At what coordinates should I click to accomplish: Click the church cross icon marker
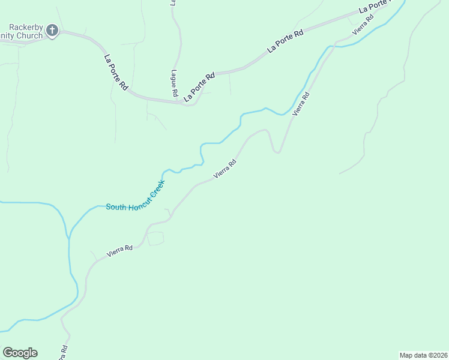(52, 29)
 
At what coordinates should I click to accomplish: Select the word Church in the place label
(30, 36)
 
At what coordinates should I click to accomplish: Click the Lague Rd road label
(173, 83)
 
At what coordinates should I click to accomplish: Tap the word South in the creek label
(117, 207)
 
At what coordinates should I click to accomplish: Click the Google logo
(20, 353)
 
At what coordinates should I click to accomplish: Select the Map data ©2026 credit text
(424, 355)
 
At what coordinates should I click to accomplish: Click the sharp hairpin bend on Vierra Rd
(277, 151)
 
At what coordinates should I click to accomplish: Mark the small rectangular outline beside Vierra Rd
(155, 238)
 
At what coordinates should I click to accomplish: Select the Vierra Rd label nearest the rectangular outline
(119, 251)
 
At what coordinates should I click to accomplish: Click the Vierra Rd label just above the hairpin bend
(301, 104)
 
